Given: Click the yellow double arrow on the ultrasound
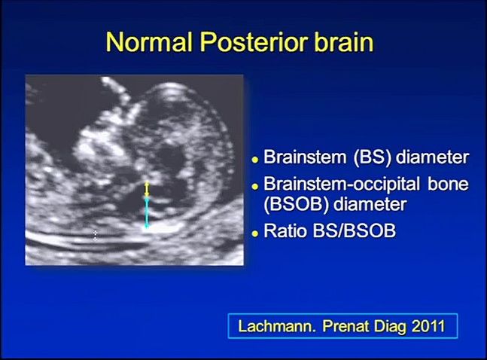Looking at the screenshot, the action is [x=148, y=189].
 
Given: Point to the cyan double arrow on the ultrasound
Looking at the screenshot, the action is [x=147, y=214].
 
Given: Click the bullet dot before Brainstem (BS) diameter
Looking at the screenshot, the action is [x=255, y=160].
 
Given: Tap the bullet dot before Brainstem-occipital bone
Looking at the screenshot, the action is [x=255, y=187].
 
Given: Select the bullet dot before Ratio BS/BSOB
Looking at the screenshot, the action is [x=255, y=233].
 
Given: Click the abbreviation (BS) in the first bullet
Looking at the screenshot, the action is [x=372, y=157].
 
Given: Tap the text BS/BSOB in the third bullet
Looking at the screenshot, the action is [x=355, y=231].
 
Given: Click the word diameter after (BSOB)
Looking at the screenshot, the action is [x=370, y=205].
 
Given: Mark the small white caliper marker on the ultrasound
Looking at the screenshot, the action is [x=96, y=235].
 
